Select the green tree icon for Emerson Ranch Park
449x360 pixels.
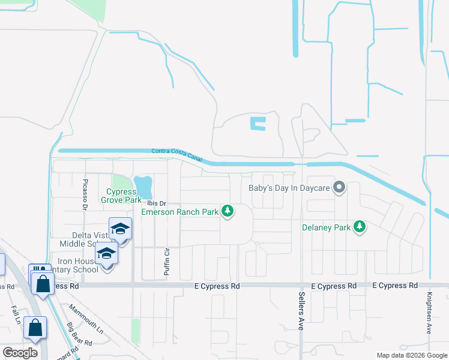coord(228,211)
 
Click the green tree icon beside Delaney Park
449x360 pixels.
coord(360,226)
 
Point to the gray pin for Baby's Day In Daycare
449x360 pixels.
coord(339,188)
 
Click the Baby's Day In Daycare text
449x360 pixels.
coord(289,188)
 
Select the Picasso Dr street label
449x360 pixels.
coord(85,193)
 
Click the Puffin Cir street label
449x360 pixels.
coord(167,262)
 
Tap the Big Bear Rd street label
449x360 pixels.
coord(79,335)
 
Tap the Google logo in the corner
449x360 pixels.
coord(20,352)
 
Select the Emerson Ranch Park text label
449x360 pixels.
coord(179,212)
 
